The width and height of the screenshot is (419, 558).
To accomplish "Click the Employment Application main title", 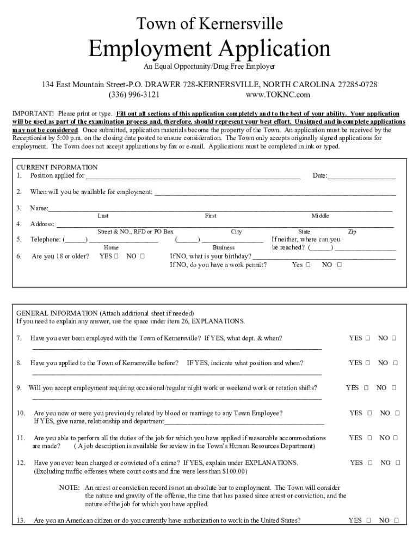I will (x=209, y=49).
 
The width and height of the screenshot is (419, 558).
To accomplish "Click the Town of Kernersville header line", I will (x=209, y=23).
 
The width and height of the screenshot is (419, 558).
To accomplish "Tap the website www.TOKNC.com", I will (x=278, y=95).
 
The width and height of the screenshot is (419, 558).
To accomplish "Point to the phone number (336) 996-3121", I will (x=134, y=95).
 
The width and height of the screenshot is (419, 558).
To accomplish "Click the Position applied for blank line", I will (x=193, y=176).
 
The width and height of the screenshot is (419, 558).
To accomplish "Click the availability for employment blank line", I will (x=275, y=192).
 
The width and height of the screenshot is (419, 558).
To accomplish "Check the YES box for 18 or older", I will (x=116, y=256).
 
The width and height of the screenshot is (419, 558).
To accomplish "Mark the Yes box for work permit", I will (x=308, y=265).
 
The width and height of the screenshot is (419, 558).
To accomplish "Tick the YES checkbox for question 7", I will (x=368, y=338).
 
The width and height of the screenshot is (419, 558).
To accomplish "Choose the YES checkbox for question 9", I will (x=365, y=388).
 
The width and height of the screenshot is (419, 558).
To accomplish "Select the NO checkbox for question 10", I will (x=397, y=413).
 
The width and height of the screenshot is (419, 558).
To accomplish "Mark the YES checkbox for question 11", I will (x=368, y=438).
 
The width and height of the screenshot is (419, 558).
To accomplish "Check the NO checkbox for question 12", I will (x=397, y=463).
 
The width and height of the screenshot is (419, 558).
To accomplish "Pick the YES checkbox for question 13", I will (x=368, y=520).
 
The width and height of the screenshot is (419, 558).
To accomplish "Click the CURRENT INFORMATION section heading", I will (x=57, y=167).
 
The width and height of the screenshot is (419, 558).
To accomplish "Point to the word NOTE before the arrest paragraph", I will (x=70, y=488).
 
